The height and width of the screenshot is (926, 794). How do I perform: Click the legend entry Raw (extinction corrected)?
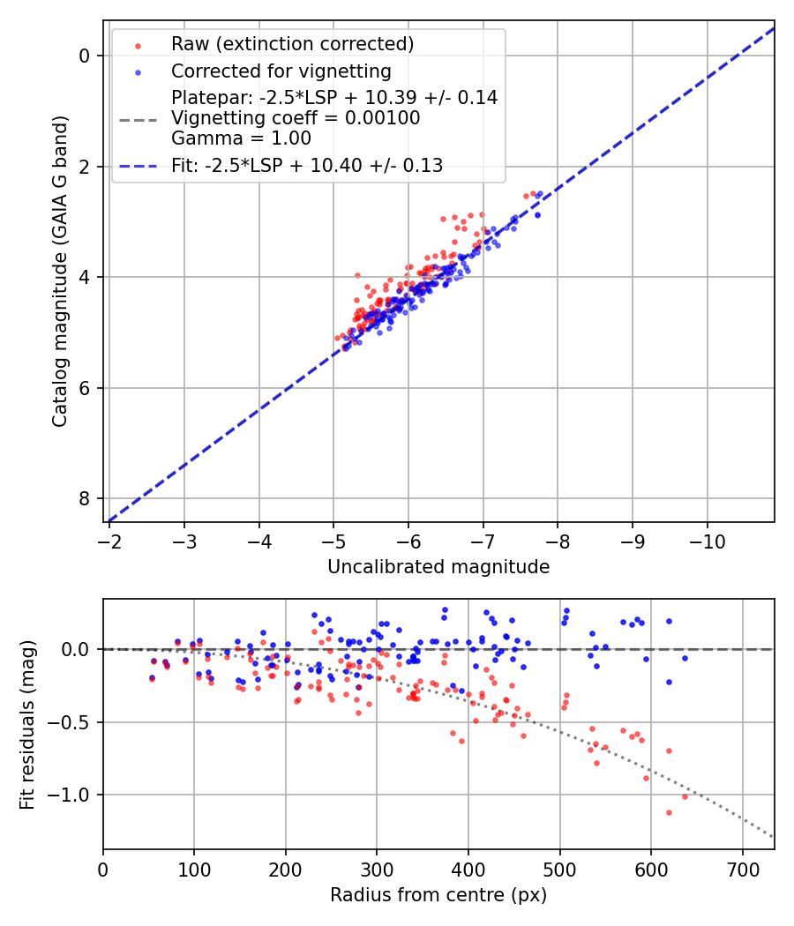click(x=292, y=44)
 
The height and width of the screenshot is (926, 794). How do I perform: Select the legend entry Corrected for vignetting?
click(x=281, y=71)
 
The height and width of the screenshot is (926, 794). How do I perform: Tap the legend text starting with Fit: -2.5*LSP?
click(x=307, y=165)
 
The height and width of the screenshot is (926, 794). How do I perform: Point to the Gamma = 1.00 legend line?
click(x=241, y=138)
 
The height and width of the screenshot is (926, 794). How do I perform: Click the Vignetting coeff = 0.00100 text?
click(x=296, y=118)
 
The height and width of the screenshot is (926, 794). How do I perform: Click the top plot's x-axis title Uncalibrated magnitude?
click(x=438, y=567)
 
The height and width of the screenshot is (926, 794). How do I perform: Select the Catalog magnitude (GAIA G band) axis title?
click(x=59, y=270)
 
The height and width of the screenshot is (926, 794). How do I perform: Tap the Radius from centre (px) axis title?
click(x=438, y=895)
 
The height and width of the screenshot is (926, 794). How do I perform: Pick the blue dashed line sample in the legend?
click(x=138, y=165)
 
